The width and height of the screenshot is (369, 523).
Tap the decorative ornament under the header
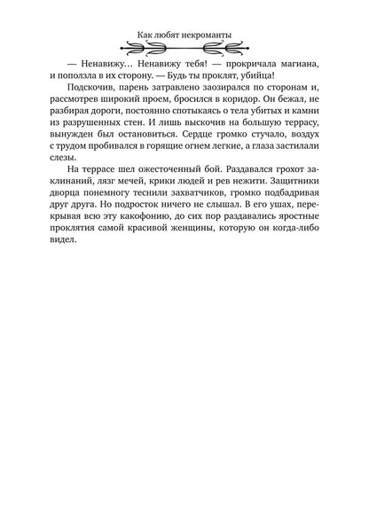pyautogui.click(x=184, y=52)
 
